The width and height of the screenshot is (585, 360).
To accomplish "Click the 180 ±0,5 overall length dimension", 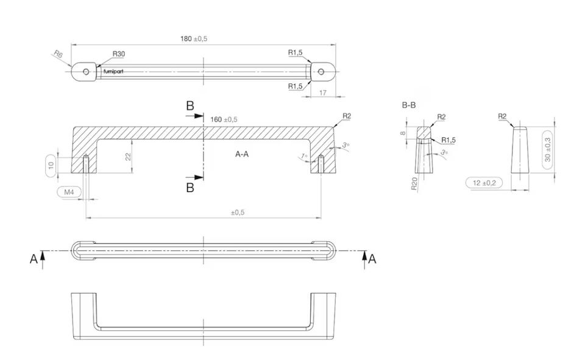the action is tap(194, 39).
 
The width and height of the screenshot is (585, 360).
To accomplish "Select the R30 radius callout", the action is tap(119, 54).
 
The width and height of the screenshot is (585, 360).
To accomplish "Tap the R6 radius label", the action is tap(58, 54).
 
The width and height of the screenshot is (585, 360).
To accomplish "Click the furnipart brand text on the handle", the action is tap(113, 71).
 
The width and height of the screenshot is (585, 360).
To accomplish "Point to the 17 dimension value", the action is tap(323, 92).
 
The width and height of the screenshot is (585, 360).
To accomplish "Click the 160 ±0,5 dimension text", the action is tap(224, 119).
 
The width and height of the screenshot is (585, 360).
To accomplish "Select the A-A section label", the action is tap(242, 154).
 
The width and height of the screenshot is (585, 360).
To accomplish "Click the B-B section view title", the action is tap(408, 105).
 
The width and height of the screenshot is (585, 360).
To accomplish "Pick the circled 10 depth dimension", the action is tap(51, 164).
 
